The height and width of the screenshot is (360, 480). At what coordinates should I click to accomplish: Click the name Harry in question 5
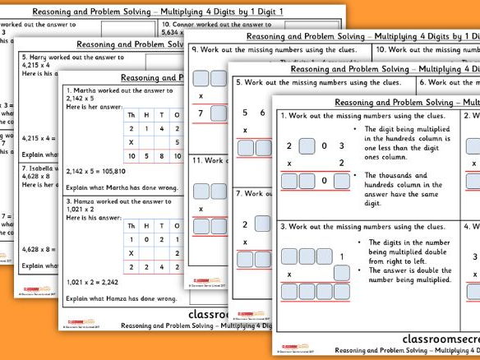pyautogui.click(x=40, y=60)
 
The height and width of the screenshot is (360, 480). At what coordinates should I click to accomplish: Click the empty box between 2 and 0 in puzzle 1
pyautogui.click(x=306, y=147)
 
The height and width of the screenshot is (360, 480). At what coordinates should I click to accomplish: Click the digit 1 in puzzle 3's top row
pyautogui.click(x=339, y=256)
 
